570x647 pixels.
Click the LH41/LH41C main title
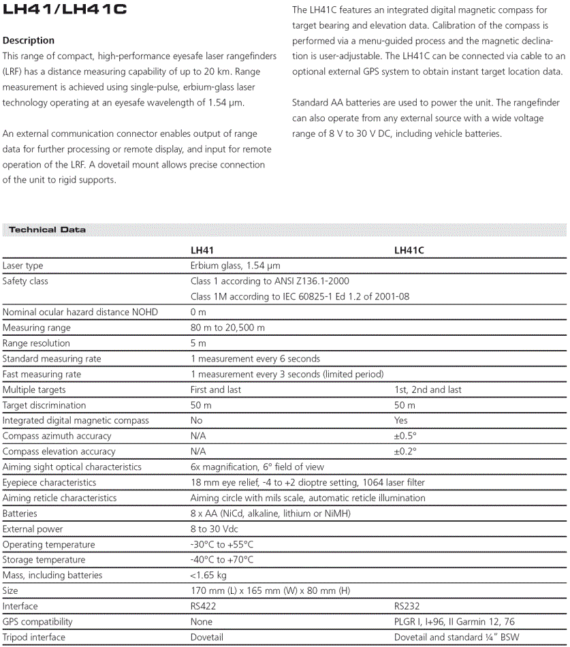(x=64, y=10)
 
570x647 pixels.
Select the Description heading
(x=29, y=40)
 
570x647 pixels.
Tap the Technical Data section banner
(x=47, y=230)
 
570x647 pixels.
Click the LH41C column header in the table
(x=409, y=251)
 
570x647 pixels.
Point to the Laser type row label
(x=22, y=266)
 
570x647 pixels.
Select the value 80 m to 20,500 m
(x=227, y=328)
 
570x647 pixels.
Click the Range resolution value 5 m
(x=198, y=343)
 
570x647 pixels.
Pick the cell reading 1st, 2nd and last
(x=428, y=390)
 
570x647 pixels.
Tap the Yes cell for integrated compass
(x=401, y=420)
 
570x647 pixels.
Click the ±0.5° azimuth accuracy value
(x=405, y=436)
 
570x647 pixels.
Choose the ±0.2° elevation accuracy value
(x=405, y=452)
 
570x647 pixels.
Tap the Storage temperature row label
(x=44, y=560)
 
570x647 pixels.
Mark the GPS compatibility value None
(x=202, y=622)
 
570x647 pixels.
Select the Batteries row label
(x=20, y=514)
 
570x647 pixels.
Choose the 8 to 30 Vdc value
(x=215, y=529)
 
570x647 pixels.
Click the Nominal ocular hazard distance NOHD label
(x=80, y=312)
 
